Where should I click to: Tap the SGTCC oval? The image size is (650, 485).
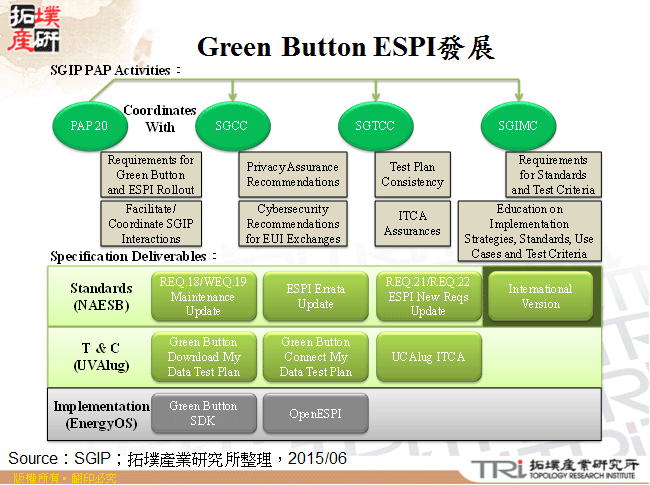[376, 125]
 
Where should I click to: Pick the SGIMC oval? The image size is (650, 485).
[517, 125]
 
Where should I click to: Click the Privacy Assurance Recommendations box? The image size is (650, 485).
[292, 175]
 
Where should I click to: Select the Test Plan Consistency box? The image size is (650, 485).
[412, 175]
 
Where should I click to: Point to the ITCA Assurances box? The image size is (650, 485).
[412, 224]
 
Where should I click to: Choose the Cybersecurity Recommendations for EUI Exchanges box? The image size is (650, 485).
[292, 224]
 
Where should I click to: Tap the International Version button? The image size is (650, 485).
[540, 296]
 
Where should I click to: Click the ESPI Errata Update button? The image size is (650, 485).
[315, 296]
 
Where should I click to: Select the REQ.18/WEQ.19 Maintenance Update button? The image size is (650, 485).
[203, 296]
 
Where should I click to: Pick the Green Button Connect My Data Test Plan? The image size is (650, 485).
[315, 357]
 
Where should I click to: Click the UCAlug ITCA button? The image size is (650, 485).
[428, 357]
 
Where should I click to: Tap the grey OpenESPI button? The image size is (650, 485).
[315, 413]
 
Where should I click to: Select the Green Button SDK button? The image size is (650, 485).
[203, 413]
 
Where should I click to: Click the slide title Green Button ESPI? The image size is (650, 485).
[345, 47]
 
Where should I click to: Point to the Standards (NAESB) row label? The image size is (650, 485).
[101, 296]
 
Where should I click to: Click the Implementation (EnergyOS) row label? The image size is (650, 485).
[101, 414]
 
